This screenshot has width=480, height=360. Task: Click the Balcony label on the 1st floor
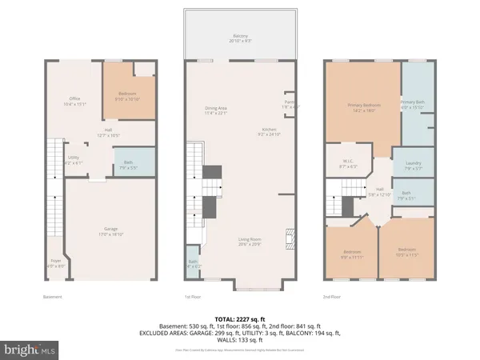[x=241, y=36]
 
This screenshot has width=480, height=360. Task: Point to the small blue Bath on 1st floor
[x=193, y=265]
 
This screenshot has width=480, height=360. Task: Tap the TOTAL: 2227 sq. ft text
[x=240, y=320]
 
